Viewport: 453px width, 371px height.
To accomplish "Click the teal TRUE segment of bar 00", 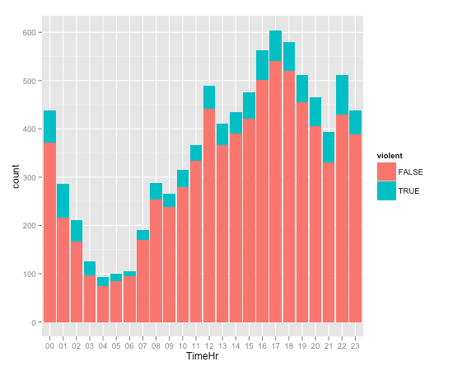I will (49, 126).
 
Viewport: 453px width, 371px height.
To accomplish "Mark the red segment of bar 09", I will (170, 265).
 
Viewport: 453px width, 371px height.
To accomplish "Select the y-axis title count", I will (12, 178).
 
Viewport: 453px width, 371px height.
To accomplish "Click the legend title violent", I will (390, 155).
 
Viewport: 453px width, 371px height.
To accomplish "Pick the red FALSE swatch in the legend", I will (385, 171).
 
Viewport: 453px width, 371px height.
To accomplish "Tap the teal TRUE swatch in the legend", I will (385, 190).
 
